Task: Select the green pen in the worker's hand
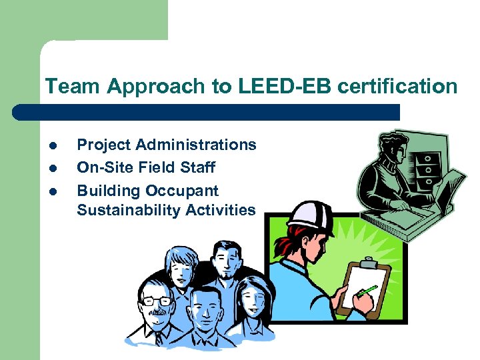coord(366,291)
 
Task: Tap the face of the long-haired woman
coord(252,299)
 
